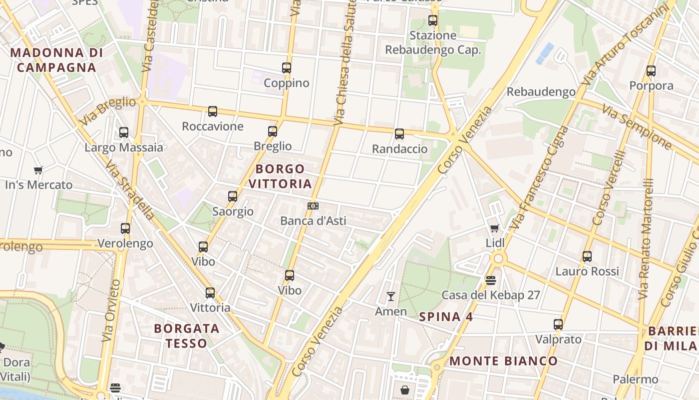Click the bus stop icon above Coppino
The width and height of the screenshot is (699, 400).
pyautogui.click(x=287, y=68)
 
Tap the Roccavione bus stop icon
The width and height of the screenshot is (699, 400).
pyautogui.click(x=213, y=111)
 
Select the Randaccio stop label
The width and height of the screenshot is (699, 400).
pyautogui.click(x=399, y=149)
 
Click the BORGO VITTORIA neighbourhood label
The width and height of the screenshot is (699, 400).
pyautogui.click(x=280, y=176)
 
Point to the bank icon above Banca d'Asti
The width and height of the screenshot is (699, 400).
pyautogui.click(x=313, y=206)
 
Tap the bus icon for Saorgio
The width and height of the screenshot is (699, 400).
pyautogui.click(x=233, y=196)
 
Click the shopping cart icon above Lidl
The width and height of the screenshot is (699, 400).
pyautogui.click(x=495, y=228)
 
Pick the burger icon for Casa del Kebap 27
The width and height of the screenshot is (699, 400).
pyautogui.click(x=491, y=280)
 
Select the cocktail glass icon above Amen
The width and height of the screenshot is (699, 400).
pyautogui.click(x=391, y=296)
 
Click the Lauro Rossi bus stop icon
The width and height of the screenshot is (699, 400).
pyautogui.click(x=587, y=256)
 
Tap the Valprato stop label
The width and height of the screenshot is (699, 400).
pyautogui.click(x=558, y=339)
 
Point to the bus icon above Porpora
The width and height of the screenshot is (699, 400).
pyautogui.click(x=651, y=71)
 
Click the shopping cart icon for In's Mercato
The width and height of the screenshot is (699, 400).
pyautogui.click(x=38, y=170)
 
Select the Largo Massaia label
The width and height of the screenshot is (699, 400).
pyautogui.click(x=124, y=147)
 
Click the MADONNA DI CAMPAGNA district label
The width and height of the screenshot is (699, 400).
pyautogui.click(x=56, y=60)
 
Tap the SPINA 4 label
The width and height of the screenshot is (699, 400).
pyautogui.click(x=446, y=316)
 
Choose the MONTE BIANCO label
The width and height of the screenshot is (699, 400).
pyautogui.click(x=503, y=361)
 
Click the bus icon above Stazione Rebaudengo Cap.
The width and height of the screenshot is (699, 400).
pyautogui.click(x=433, y=20)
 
